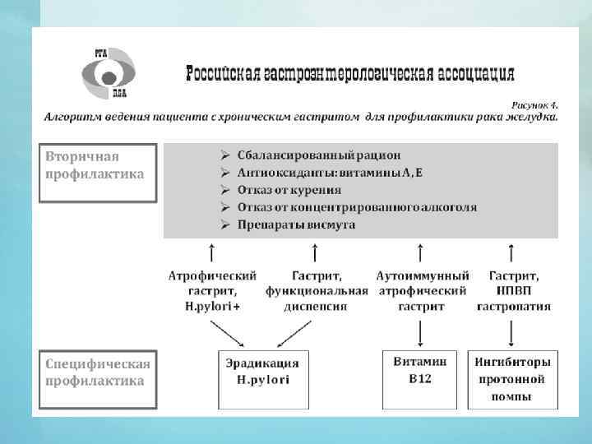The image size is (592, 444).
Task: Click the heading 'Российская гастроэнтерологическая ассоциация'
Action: (351, 74)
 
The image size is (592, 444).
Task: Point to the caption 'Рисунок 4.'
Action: (534, 105)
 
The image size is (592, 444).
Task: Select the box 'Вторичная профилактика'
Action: (98, 173)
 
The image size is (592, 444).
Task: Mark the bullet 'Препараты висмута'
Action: (296, 224)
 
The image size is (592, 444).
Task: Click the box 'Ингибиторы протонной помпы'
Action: (512, 379)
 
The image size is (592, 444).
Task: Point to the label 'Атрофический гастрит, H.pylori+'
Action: (212, 291)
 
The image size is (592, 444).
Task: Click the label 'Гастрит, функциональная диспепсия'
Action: (317, 291)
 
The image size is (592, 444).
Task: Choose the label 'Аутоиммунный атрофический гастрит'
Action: (423, 291)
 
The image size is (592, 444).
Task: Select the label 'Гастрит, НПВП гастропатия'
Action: (514, 291)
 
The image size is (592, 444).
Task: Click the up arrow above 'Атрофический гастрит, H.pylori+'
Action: (212, 252)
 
